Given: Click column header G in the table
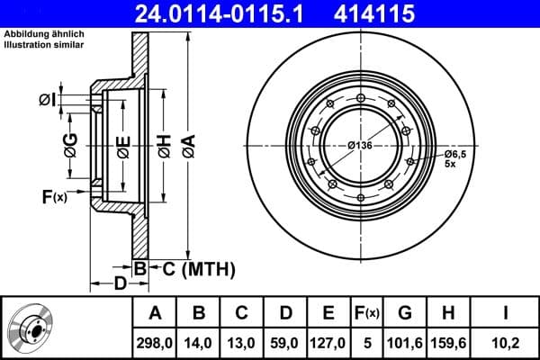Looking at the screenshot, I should click(x=405, y=312).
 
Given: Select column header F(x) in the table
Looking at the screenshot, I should click(x=367, y=312).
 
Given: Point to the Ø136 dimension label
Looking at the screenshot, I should click(x=361, y=146).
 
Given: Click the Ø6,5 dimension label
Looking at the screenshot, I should click(x=456, y=154).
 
